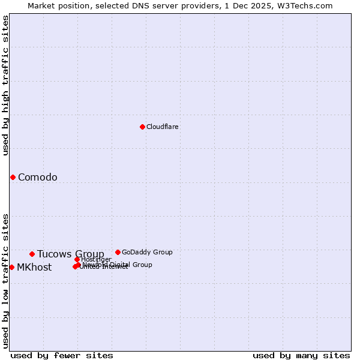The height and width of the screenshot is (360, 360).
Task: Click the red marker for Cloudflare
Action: pos(142,127)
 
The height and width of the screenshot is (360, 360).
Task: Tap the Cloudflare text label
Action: pos(163,127)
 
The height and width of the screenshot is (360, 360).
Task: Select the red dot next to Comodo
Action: pos(13,177)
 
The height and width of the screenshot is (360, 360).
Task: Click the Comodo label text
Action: pos(38,177)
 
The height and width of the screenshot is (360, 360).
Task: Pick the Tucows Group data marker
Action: pos(32,254)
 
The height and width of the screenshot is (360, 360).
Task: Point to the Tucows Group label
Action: pos(71,254)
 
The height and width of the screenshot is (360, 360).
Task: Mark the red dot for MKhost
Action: pos(11,267)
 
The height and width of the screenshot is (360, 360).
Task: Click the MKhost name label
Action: pos(34,268)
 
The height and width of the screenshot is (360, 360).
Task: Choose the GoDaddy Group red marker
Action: pos(118,252)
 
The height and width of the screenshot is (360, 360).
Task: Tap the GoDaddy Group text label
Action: pos(147,252)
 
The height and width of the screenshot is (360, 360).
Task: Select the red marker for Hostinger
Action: pos(77,259)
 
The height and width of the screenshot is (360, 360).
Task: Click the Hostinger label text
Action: pos(96,259)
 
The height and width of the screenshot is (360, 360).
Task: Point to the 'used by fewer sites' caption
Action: pos(62,355)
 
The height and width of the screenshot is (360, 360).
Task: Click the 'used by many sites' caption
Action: pos(301,355)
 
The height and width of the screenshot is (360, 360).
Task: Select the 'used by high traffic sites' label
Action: pos(5,85)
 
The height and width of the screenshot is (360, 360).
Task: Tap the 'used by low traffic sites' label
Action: pos(5,281)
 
